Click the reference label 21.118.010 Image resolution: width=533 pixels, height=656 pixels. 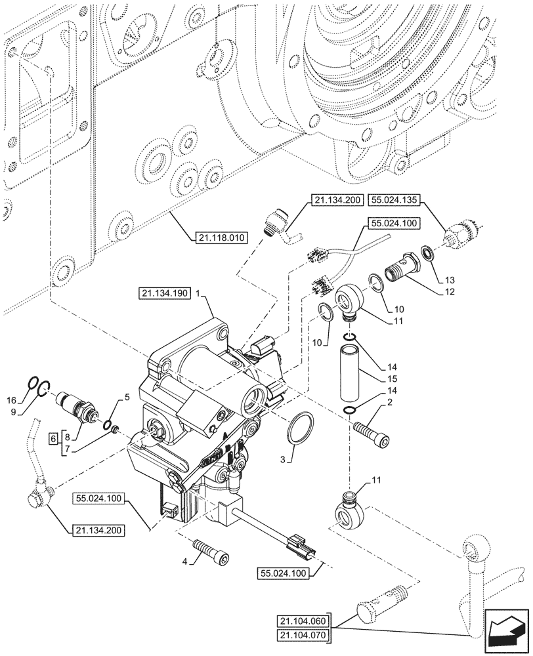pyautogui.click(x=220, y=237)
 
